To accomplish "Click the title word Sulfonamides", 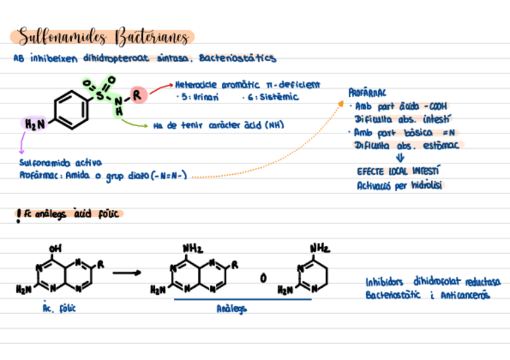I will point(60,38).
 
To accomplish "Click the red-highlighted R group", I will point(138,94).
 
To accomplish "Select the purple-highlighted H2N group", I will point(34,124).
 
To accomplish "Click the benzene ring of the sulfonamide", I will point(72,109).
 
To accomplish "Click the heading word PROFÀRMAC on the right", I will point(367,93).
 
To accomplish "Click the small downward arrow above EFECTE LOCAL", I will point(400,159).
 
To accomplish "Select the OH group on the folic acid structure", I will point(56,248).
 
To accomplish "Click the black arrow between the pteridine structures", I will point(127,273).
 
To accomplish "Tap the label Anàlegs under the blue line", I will point(231,308).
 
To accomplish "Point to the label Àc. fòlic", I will point(59,308).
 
